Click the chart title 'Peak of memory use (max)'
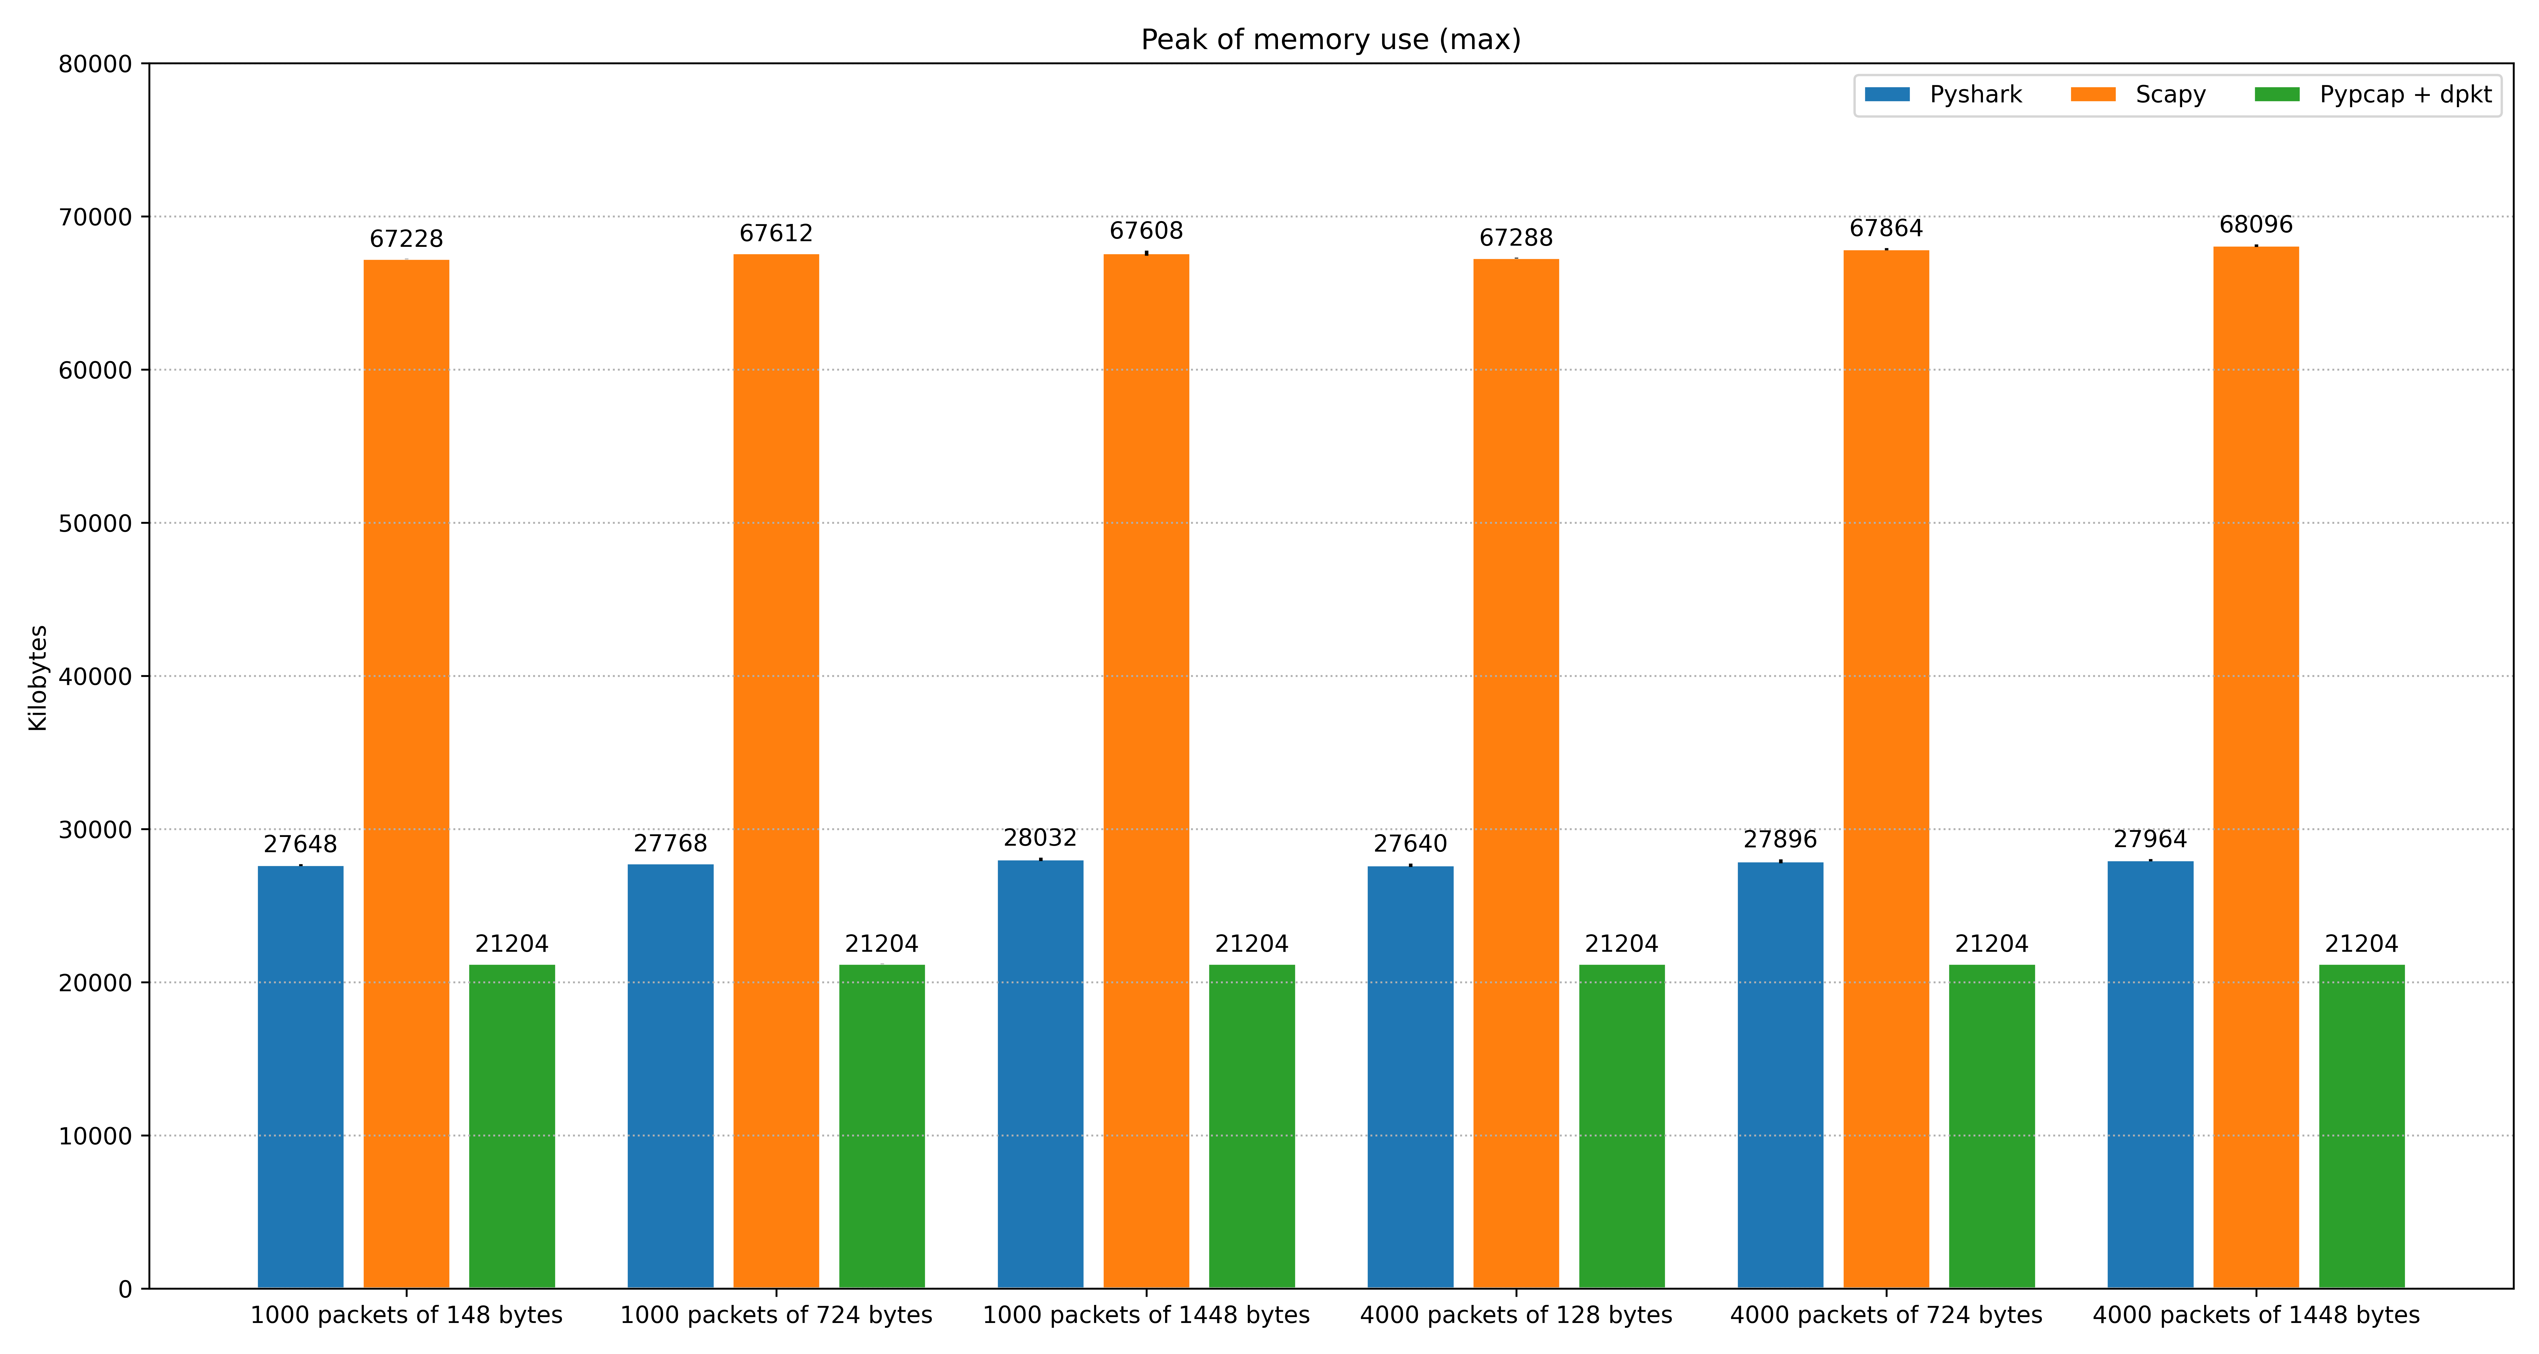[x=1331, y=39]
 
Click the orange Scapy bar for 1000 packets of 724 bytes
[x=776, y=771]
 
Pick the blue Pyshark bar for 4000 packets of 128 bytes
[x=1411, y=1077]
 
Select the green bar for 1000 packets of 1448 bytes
[x=1252, y=1126]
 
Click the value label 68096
[x=2256, y=225]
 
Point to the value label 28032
[x=1040, y=838]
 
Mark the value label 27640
[x=1411, y=843]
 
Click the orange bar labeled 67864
[x=1886, y=769]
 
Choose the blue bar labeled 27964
[x=2151, y=1074]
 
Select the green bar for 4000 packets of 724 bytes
[x=1992, y=1126]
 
